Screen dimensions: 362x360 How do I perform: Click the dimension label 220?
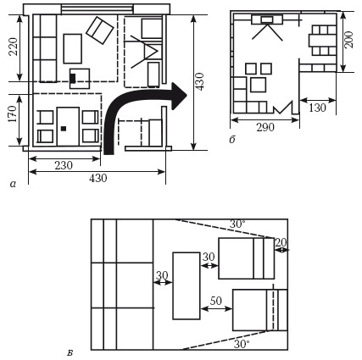click(x=14, y=47)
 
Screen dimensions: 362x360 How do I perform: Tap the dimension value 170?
click(x=13, y=114)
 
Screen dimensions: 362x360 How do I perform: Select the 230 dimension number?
click(x=64, y=165)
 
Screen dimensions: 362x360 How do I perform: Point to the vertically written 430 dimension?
click(x=199, y=81)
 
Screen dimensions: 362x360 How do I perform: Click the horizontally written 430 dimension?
click(x=98, y=178)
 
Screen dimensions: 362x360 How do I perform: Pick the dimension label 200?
click(x=349, y=40)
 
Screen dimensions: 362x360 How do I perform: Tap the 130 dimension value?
click(x=317, y=108)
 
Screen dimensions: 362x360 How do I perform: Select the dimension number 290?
click(x=265, y=128)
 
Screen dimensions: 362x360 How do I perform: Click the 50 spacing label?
click(x=216, y=301)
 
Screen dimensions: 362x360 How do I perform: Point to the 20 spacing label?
click(x=281, y=242)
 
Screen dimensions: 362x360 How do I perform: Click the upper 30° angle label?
click(x=237, y=224)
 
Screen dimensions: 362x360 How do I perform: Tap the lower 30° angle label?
click(x=242, y=344)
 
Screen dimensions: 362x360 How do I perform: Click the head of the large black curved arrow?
click(x=179, y=97)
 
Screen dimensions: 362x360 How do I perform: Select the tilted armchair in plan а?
click(x=100, y=30)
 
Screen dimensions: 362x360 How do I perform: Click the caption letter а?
click(x=13, y=185)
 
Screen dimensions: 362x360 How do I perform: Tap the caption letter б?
click(x=232, y=140)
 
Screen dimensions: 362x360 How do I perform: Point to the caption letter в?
click(x=70, y=352)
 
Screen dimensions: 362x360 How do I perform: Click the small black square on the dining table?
click(x=64, y=129)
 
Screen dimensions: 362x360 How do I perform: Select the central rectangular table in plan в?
click(x=187, y=286)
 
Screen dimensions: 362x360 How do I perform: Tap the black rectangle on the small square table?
click(x=73, y=78)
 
